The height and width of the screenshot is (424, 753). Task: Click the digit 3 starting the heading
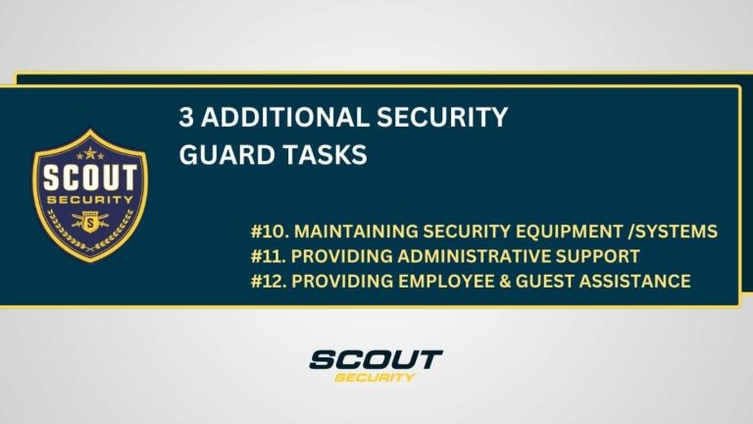point(186,120)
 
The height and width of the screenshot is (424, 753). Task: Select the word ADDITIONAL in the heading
point(271,120)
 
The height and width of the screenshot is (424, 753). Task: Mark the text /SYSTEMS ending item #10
point(678,232)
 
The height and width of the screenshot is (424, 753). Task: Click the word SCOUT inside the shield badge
point(90,182)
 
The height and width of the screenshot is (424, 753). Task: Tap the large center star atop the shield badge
point(90,152)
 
